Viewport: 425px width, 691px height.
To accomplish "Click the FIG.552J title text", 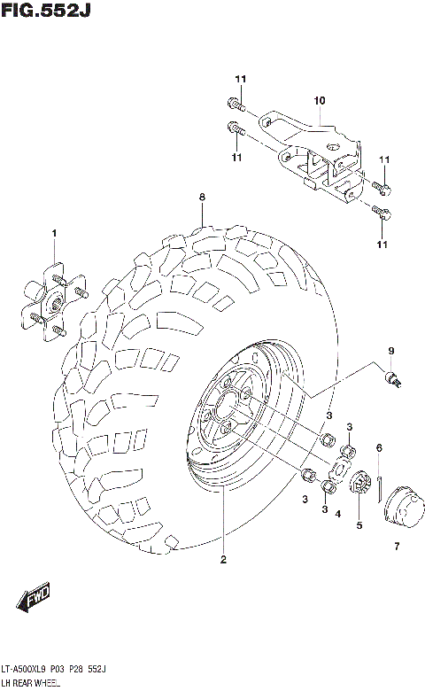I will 45,11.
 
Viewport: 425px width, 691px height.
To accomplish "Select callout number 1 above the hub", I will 54,233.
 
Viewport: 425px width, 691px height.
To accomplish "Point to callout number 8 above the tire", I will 202,197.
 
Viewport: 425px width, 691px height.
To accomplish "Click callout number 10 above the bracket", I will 320,100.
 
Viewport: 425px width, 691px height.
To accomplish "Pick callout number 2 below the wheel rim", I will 223,559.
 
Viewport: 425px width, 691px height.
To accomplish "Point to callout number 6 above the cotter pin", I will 378,447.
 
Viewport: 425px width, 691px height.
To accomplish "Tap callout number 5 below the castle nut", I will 359,524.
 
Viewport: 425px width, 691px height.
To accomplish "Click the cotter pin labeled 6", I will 378,485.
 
